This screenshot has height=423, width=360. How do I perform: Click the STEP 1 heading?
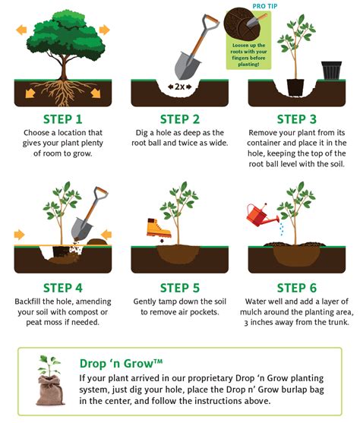point(63,119)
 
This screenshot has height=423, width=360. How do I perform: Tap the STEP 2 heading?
point(179,119)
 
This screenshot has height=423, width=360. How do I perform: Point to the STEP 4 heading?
point(63,288)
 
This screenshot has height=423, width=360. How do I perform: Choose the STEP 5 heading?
point(179,288)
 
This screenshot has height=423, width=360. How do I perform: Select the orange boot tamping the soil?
point(154,229)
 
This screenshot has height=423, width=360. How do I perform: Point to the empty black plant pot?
point(332,71)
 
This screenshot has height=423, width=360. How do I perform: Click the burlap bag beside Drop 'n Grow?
point(48,384)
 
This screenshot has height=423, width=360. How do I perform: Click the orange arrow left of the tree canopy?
point(22,31)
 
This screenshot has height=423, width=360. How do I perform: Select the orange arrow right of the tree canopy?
point(104,31)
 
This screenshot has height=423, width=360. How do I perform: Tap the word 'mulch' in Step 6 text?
point(263,313)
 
